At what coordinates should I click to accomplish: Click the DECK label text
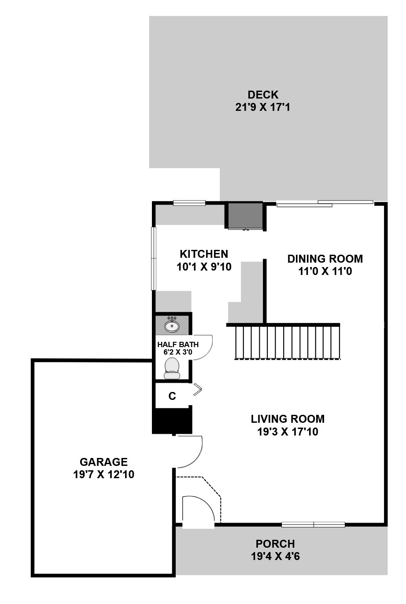(262, 95)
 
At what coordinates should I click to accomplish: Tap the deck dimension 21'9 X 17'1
(262, 107)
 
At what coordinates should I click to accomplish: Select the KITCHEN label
(204, 254)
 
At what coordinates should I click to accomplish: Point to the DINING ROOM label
(325, 259)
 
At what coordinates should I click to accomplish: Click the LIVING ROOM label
(288, 419)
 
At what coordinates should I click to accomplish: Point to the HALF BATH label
(178, 344)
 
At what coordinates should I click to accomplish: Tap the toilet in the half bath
(172, 368)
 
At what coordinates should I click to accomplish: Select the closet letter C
(172, 396)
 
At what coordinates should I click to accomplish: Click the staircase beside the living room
(287, 342)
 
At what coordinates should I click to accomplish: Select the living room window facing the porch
(313, 524)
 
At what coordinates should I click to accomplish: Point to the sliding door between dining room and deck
(325, 203)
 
